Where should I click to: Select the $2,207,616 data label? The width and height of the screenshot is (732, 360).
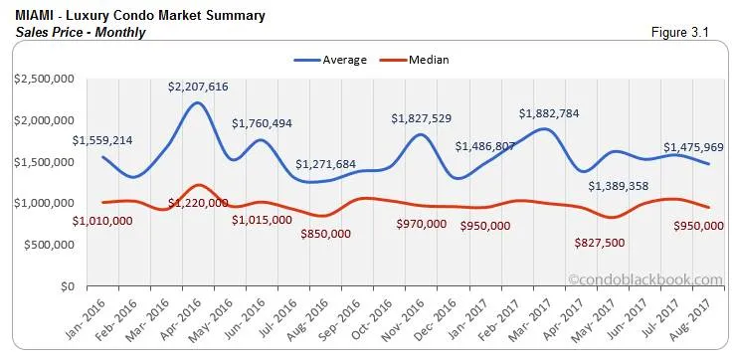199,87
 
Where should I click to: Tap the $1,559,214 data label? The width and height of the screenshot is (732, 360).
102,140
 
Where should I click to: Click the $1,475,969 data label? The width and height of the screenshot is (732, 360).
693,148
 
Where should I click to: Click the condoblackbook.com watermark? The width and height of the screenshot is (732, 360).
644,280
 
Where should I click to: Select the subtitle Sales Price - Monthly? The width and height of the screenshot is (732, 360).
81,32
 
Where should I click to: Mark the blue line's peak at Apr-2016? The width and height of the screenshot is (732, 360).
199,103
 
